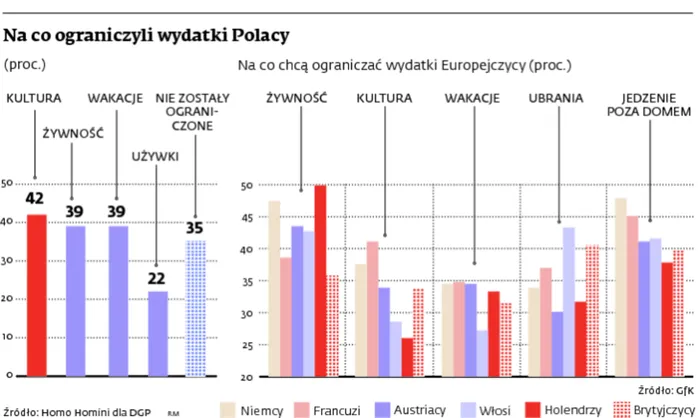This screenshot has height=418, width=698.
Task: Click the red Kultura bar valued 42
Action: [x=36, y=295]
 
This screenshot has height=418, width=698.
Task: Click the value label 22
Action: [x=157, y=278]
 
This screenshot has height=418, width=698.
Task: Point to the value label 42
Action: [x=36, y=199]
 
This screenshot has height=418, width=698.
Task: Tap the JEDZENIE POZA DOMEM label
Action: [x=648, y=105]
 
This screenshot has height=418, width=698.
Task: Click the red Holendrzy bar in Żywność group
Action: [x=320, y=280]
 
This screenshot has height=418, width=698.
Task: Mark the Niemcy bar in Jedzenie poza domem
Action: [x=620, y=287]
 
